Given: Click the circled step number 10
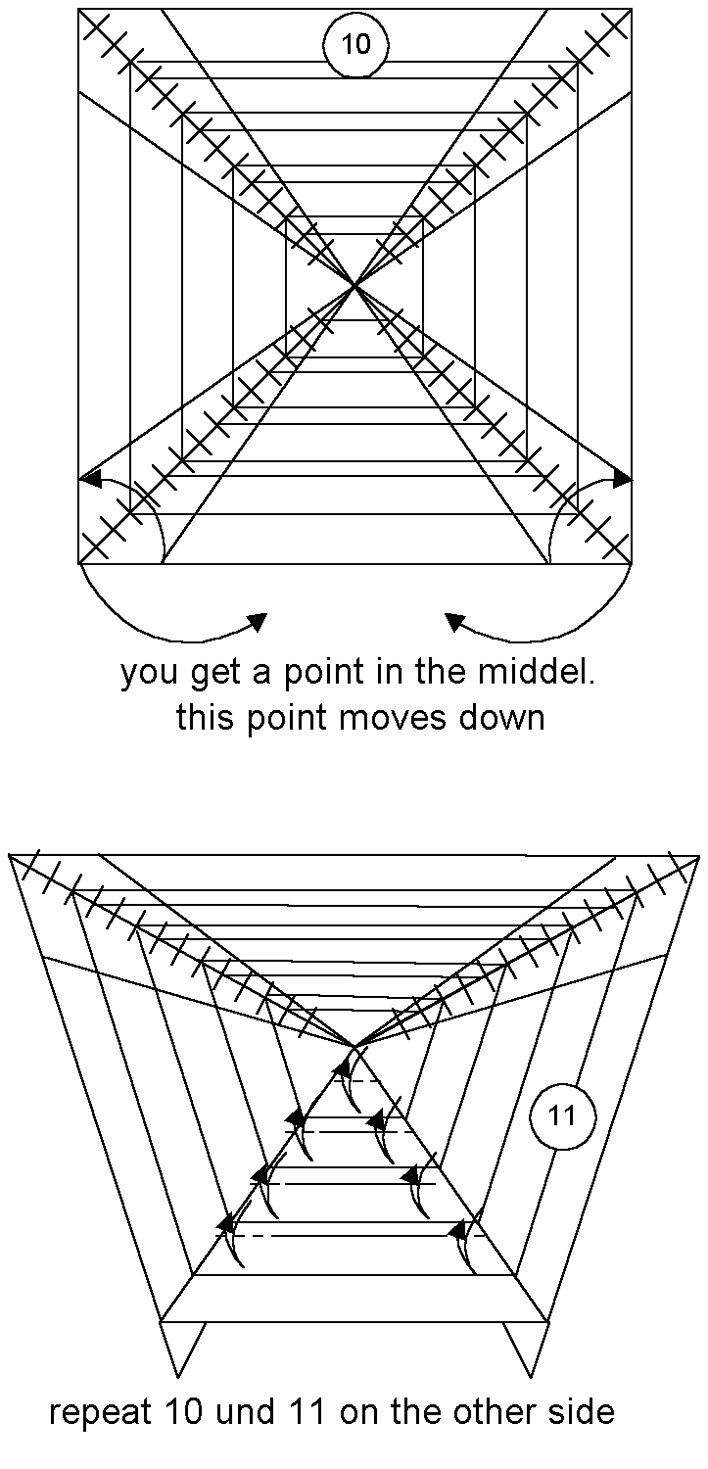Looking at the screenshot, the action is [x=356, y=45].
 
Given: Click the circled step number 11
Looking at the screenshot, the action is [x=562, y=1115].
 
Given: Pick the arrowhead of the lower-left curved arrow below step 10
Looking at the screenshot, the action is [x=259, y=621].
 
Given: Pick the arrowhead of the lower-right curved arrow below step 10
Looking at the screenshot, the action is [x=453, y=620].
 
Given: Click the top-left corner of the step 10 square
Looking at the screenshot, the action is [x=78, y=9].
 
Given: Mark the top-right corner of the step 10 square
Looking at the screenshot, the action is [x=632, y=9].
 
